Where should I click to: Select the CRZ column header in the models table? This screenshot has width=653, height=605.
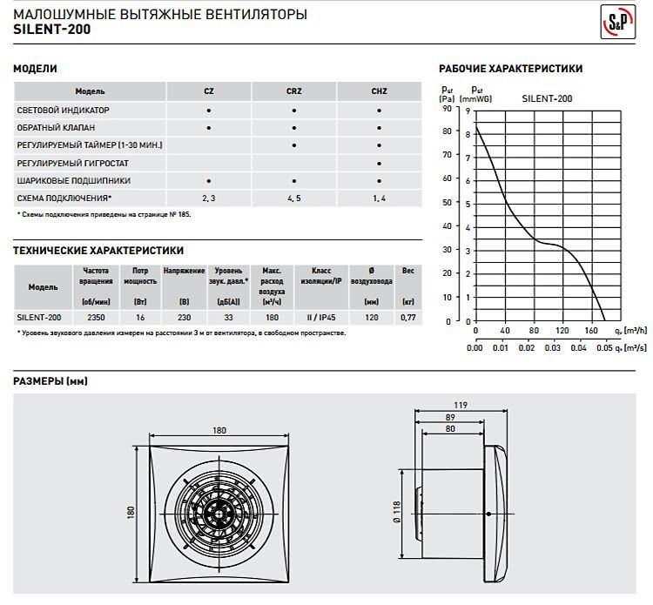pyautogui.click(x=294, y=91)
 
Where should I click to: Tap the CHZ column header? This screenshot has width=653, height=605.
pyautogui.click(x=378, y=91)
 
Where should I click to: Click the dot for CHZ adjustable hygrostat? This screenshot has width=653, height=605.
pyautogui.click(x=379, y=163)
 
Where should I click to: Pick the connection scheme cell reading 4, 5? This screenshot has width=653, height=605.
pyautogui.click(x=294, y=198)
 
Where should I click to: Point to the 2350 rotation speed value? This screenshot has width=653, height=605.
pyautogui.click(x=98, y=319)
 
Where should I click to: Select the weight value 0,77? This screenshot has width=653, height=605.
pyautogui.click(x=407, y=319)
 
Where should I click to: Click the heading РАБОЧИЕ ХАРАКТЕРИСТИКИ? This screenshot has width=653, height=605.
pyautogui.click(x=510, y=69)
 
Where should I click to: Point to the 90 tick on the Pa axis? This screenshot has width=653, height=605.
pyautogui.click(x=448, y=109)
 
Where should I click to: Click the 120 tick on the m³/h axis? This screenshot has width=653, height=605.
pyautogui.click(x=562, y=332)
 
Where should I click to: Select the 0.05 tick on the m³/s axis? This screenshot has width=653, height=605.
pyautogui.click(x=605, y=348)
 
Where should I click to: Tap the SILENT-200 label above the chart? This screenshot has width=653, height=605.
pyautogui.click(x=546, y=99)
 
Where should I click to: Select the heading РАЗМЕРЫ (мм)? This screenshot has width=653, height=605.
pyautogui.click(x=51, y=381)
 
